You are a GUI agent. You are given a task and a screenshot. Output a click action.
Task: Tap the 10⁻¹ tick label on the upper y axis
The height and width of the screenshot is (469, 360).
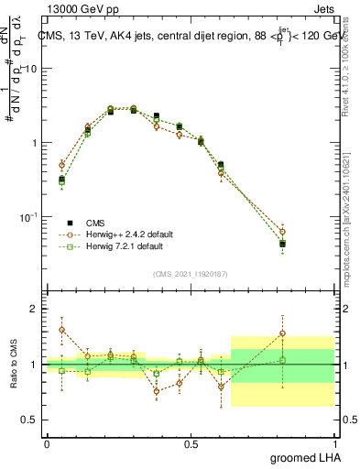coord(30,217)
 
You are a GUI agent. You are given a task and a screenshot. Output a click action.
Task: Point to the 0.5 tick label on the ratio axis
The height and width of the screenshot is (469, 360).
coord(30,420)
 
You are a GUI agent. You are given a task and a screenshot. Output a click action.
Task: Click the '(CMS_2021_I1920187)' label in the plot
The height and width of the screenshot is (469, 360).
coord(190,273)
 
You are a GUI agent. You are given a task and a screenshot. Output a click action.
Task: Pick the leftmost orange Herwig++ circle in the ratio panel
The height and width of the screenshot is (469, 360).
coord(61,330)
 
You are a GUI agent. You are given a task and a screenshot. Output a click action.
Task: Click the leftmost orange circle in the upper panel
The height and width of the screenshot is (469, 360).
coord(61,165)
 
